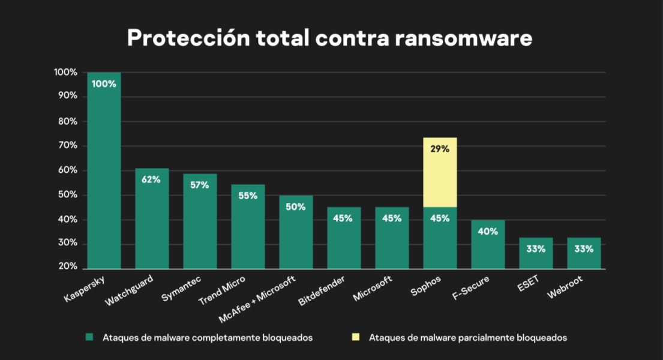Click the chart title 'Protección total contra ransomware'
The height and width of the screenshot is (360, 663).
(329, 38)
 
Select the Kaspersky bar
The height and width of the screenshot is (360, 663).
(104, 174)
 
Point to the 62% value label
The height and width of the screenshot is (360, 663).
(152, 179)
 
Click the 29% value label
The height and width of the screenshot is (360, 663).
(440, 149)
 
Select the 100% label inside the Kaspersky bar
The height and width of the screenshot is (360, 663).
(104, 84)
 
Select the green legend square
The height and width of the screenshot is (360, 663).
(89, 337)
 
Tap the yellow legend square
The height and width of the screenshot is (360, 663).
(356, 337)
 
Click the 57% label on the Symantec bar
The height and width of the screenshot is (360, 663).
(200, 185)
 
